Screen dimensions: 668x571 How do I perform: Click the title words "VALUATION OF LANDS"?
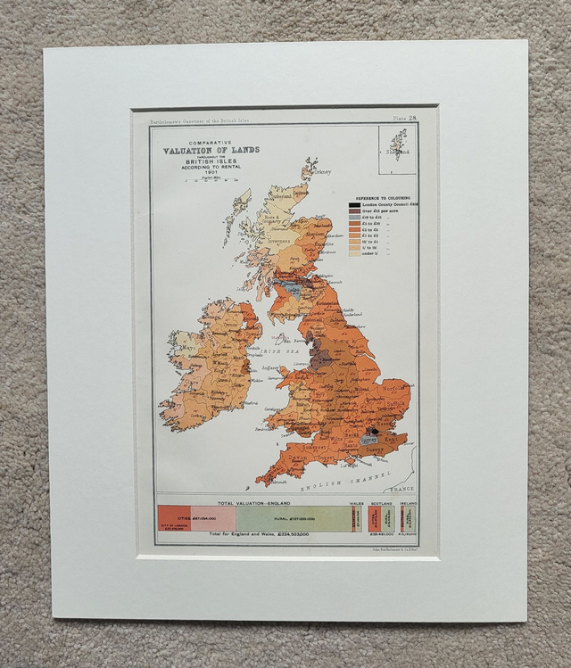211,150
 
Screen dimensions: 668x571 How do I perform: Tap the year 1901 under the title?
211,173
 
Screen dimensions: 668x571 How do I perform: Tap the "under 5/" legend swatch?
354,253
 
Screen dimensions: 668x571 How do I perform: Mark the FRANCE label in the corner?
403,490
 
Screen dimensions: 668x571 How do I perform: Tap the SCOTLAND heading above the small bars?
381,503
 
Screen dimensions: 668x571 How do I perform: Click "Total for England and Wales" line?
259,534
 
